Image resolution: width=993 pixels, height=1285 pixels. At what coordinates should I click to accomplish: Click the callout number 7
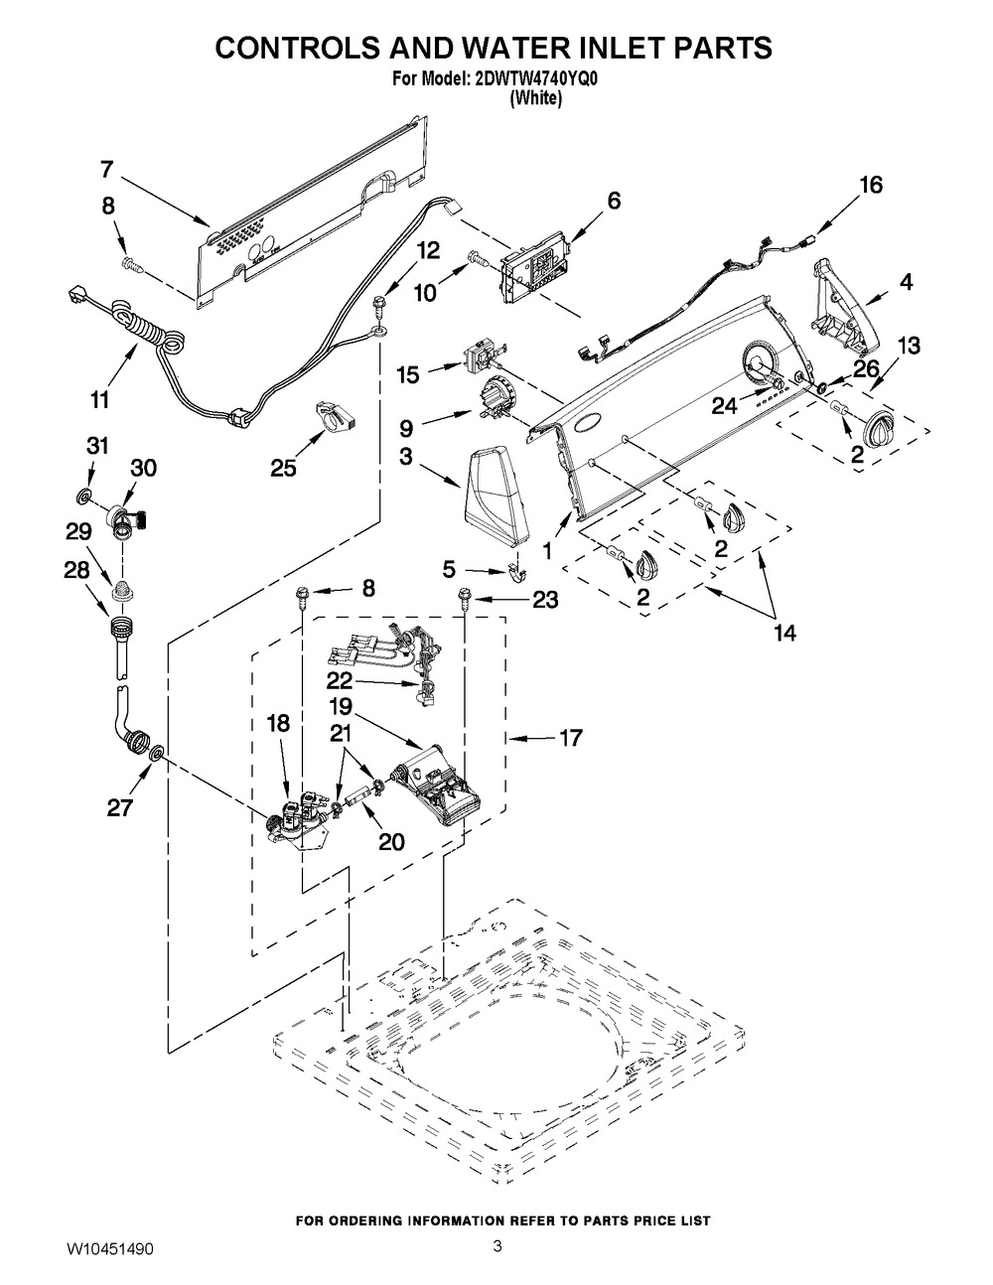point(106,170)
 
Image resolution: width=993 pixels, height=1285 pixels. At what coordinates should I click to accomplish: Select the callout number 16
point(871,185)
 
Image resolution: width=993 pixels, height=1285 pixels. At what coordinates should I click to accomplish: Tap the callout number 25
point(283,469)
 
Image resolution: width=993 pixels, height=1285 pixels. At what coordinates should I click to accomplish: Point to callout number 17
point(570,738)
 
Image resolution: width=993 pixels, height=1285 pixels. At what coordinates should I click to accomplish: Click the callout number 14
point(784,633)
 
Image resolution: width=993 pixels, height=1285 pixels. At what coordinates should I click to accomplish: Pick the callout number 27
point(120,806)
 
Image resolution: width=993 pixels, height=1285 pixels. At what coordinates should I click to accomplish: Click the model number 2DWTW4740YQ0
point(535,79)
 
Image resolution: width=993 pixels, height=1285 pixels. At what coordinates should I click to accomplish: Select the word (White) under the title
point(535,98)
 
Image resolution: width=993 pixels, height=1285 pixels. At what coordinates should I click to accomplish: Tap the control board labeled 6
point(535,270)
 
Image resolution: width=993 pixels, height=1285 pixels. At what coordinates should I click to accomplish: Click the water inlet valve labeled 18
point(299,819)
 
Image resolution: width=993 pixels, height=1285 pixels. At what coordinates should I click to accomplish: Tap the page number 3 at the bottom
point(497,1260)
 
